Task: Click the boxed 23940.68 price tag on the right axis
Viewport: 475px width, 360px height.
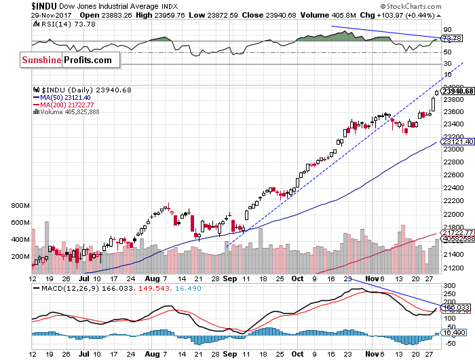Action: tap(457, 90)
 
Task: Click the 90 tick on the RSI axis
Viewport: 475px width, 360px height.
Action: tap(447, 30)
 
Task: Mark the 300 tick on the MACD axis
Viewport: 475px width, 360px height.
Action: tap(449, 284)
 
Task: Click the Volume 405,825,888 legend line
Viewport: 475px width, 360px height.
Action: tap(67, 111)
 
